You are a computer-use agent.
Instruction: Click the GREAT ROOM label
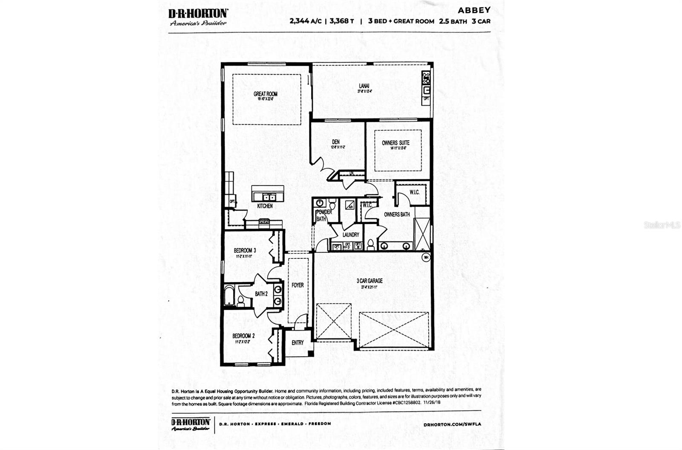click(x=266, y=94)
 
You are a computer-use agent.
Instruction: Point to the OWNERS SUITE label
click(x=396, y=143)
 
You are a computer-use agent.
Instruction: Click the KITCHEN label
click(x=265, y=206)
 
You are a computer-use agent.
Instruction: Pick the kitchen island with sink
click(x=268, y=194)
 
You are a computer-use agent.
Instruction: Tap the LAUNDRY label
click(x=351, y=235)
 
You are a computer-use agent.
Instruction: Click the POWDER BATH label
click(x=324, y=215)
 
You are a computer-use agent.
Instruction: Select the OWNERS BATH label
click(x=397, y=215)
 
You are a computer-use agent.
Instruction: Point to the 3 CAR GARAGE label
click(x=370, y=281)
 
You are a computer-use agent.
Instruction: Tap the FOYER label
click(x=298, y=285)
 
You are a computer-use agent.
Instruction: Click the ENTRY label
click(x=298, y=343)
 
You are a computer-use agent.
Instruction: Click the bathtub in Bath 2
click(x=229, y=295)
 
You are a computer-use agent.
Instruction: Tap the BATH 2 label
click(x=261, y=294)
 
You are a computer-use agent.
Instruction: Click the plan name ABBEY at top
click(x=474, y=10)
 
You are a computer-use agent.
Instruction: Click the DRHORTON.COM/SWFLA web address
click(x=452, y=424)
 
